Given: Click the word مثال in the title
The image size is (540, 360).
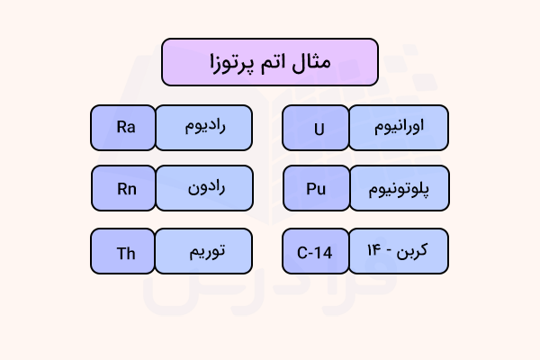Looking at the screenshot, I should point(314,63).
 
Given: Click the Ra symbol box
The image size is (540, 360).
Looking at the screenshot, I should point(124,127).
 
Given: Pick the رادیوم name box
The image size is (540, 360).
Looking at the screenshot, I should point(202,127).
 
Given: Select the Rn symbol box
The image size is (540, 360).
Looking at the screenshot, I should point(124,189).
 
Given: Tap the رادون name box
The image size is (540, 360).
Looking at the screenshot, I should point(202,189).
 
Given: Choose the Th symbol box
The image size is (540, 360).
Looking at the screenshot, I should point(124,252).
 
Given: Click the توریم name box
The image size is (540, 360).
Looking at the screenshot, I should point(202,252).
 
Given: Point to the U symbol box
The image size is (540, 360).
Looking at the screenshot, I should point(317,127).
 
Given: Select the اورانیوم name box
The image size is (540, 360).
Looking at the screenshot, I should point(398,127).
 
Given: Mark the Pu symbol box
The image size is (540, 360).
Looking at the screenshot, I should point(317,189).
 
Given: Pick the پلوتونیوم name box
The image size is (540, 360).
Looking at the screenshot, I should point(398,189).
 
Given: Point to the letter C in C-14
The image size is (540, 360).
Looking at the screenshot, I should point(301,252).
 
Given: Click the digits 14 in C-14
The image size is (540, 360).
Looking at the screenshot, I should point(324,252).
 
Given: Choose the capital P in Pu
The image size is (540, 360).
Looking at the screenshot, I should point(310,189).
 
